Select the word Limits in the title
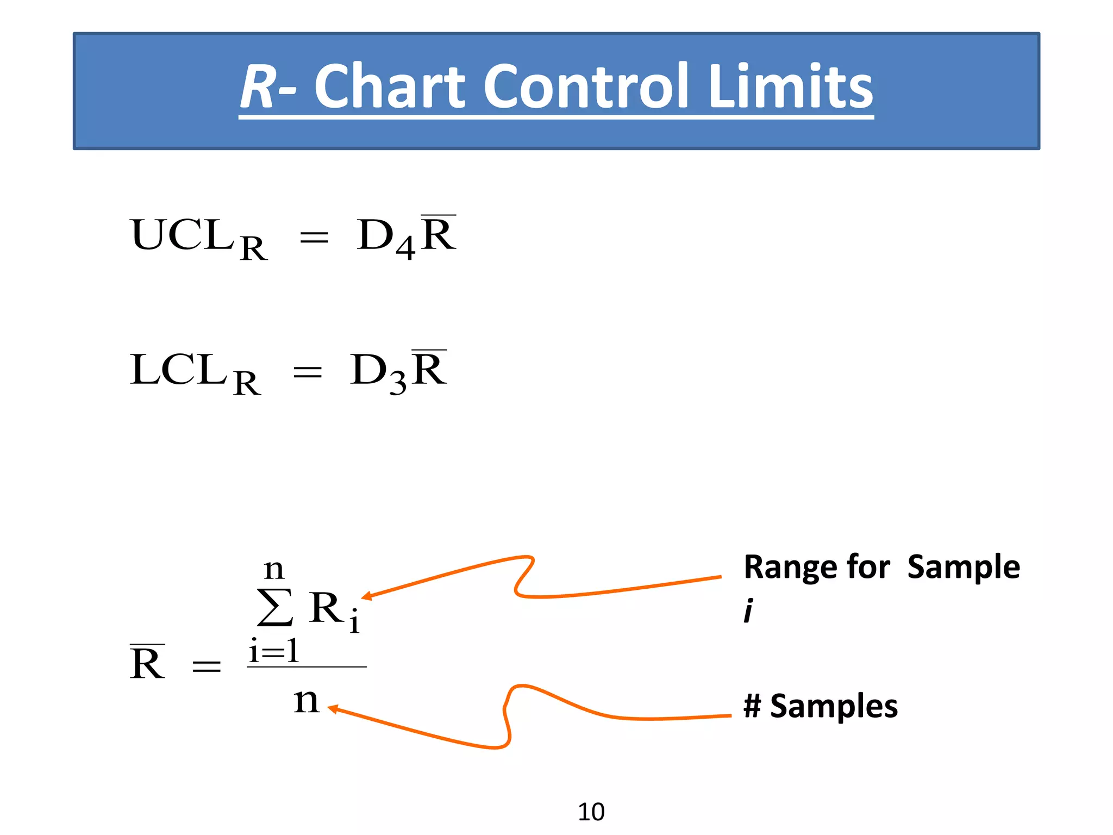coord(791,86)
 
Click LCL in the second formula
coord(178,370)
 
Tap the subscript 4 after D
coord(405,248)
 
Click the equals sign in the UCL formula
coord(314,238)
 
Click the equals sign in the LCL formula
coord(307,372)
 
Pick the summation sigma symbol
coord(276,607)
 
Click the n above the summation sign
coord(273,570)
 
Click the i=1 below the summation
coord(273,651)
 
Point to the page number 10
coord(591,812)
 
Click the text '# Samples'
coord(820,706)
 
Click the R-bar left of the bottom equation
coord(147,663)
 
